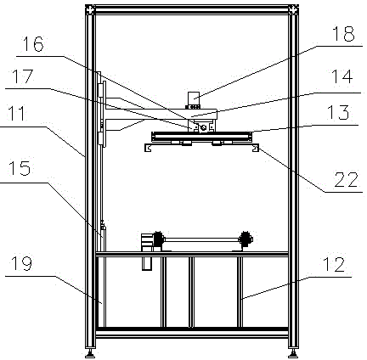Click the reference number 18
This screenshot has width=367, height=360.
(x=343, y=34)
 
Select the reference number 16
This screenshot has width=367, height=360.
(x=33, y=43)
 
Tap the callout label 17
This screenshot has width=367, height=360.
(x=22, y=76)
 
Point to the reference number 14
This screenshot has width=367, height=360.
(x=342, y=76)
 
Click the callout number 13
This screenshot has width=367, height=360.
(x=338, y=112)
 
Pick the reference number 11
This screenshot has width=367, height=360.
(x=17, y=113)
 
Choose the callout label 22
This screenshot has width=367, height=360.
(x=346, y=179)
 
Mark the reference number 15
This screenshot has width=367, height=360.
(x=20, y=168)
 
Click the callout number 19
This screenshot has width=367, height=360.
(x=21, y=263)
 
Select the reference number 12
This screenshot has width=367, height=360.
(x=334, y=264)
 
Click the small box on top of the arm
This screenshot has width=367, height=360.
(x=194, y=98)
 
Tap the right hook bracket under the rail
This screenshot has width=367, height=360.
(x=256, y=148)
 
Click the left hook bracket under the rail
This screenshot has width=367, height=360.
(x=148, y=148)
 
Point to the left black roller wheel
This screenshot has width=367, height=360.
(x=158, y=239)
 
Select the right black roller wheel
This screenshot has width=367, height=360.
(x=246, y=239)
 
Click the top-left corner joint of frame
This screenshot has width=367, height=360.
(x=90, y=9)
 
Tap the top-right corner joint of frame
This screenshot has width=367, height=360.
(x=293, y=9)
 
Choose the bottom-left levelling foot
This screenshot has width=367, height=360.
(x=90, y=352)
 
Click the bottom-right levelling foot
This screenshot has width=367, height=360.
(x=293, y=352)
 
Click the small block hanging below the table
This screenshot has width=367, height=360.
(x=147, y=263)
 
